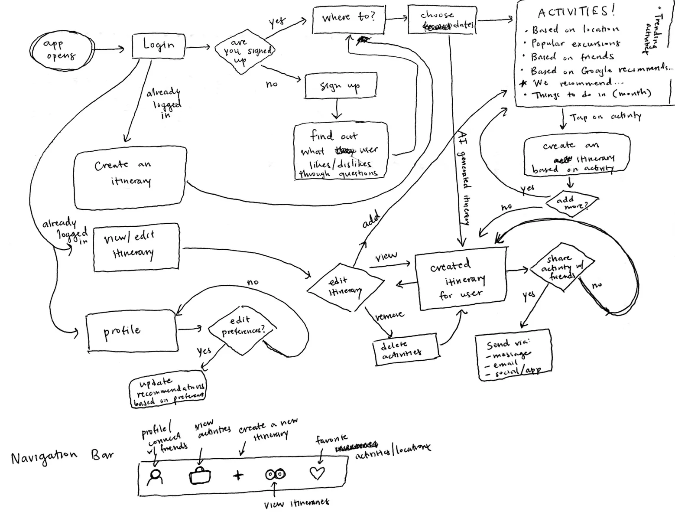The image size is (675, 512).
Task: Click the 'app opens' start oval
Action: click(x=60, y=50)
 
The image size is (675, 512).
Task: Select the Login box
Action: click(x=159, y=46)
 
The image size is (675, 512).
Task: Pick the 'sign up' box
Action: click(x=341, y=85)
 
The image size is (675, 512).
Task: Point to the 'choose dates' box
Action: click(x=442, y=20)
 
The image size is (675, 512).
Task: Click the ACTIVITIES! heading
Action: click(x=576, y=12)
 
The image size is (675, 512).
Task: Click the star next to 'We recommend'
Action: click(x=523, y=83)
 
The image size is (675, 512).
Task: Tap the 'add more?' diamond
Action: click(x=572, y=202)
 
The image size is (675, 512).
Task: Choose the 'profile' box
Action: click(x=132, y=332)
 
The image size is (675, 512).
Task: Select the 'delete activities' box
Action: click(x=406, y=349)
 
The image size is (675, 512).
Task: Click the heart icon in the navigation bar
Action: click(x=317, y=473)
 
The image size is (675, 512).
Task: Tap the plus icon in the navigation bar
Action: click(x=238, y=475)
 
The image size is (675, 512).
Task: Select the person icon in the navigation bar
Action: click(x=155, y=477)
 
